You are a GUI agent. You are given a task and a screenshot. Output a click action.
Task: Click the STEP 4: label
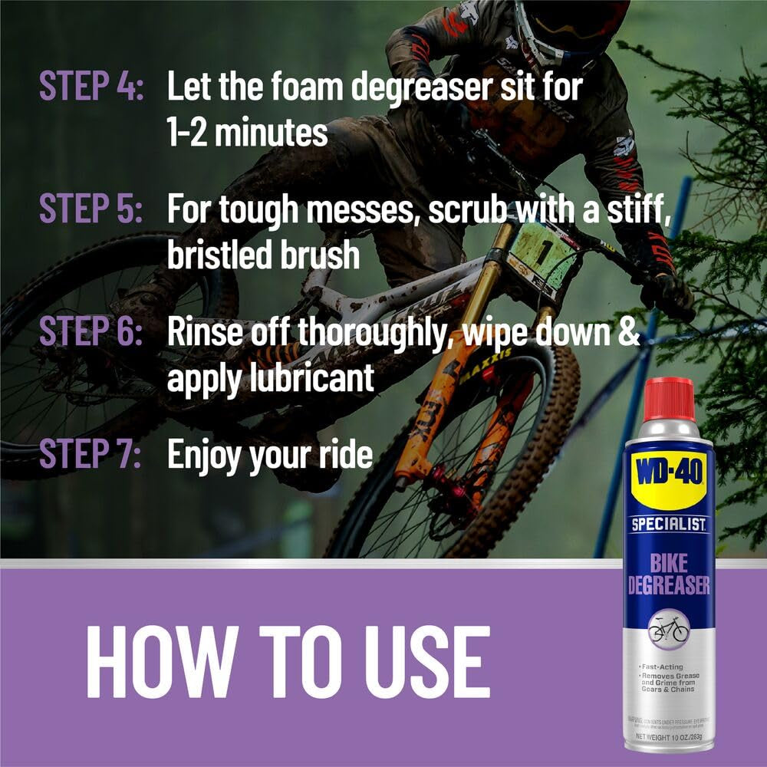click(x=91, y=87)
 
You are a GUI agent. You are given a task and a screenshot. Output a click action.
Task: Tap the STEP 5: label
click(x=91, y=209)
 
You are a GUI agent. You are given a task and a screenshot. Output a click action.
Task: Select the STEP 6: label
click(x=91, y=332)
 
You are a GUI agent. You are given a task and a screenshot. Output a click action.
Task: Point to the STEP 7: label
click(x=91, y=454)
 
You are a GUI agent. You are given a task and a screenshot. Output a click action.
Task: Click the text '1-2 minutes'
click(x=247, y=133)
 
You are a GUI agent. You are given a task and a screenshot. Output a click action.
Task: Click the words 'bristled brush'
click(x=263, y=255)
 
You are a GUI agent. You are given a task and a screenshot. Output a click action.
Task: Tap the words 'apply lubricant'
click(x=271, y=378)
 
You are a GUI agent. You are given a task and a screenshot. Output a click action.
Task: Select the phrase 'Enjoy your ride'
click(x=270, y=454)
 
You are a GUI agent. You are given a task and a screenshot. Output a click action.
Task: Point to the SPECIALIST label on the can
click(x=669, y=525)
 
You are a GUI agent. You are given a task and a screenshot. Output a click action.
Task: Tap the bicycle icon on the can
click(x=669, y=629)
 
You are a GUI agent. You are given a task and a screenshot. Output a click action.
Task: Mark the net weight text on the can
click(x=669, y=737)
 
